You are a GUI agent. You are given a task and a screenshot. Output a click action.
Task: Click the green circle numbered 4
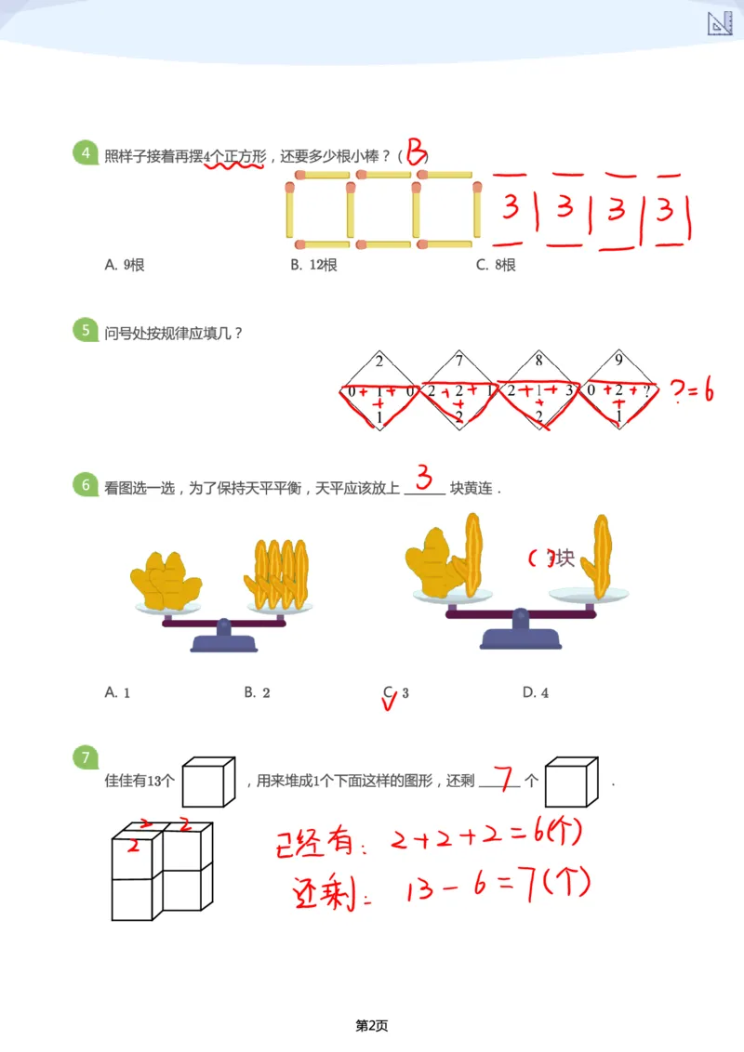(86, 153)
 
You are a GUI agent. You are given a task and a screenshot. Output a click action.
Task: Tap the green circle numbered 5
(86, 330)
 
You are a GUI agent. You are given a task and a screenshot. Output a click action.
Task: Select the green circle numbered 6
(86, 485)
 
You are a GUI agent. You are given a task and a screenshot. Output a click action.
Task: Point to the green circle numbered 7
(86, 758)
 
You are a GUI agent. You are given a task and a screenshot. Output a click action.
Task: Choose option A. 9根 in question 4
(125, 265)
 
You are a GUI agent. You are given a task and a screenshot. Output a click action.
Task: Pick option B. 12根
(313, 265)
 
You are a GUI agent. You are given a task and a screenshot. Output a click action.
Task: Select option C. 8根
(496, 265)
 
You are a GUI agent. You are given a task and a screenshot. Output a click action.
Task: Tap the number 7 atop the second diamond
(459, 361)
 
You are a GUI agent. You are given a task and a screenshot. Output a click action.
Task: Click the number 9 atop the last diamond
(619, 361)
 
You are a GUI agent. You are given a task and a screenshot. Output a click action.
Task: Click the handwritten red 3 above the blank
(424, 480)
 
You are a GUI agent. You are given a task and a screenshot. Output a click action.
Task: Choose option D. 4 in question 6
(536, 692)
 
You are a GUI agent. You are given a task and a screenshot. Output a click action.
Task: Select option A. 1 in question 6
(118, 692)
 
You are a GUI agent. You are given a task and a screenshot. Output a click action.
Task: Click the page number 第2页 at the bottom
(372, 1026)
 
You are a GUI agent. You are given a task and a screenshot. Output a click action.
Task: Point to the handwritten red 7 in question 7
(502, 776)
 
